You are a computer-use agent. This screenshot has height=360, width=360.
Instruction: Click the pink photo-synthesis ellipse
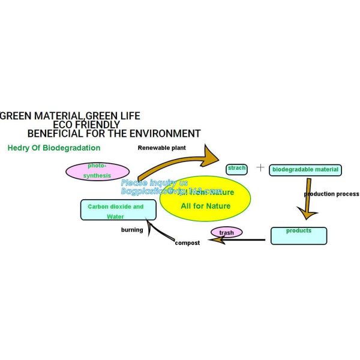click(x=97, y=171)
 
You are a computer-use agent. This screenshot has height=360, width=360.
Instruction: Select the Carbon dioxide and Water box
click(x=115, y=211)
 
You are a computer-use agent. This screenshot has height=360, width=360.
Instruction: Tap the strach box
click(x=236, y=169)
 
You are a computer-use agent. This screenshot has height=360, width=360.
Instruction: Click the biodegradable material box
click(x=305, y=170)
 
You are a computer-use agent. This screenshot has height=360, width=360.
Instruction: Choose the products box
click(x=299, y=235)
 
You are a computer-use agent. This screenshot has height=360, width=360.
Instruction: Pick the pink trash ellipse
click(x=226, y=232)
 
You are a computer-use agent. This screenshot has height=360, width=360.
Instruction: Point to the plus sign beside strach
click(x=260, y=167)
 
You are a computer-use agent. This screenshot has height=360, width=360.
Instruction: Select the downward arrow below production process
click(x=307, y=207)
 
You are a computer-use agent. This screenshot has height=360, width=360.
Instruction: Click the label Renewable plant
click(x=162, y=148)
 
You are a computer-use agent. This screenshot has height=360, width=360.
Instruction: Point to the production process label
click(x=331, y=194)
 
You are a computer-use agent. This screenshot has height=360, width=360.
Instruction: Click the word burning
click(x=132, y=230)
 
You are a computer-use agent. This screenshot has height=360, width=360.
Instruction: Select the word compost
click(x=187, y=242)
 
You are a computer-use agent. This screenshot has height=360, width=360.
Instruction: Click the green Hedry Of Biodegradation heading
click(x=53, y=148)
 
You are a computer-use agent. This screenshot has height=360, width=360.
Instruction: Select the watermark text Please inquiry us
click(x=154, y=182)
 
